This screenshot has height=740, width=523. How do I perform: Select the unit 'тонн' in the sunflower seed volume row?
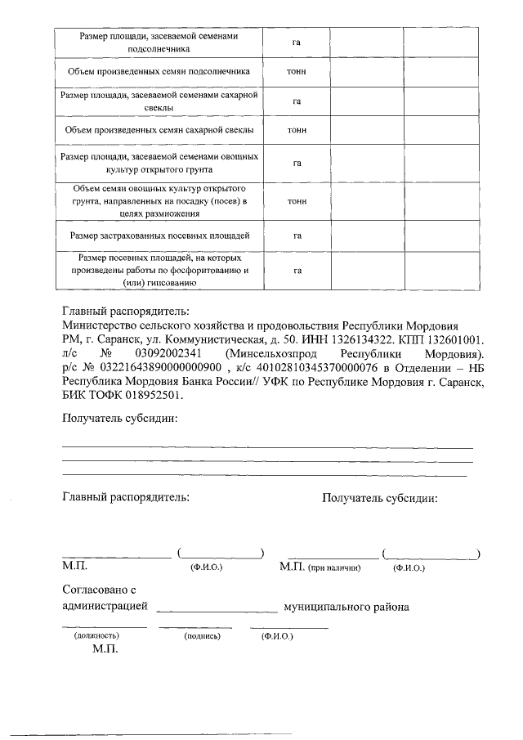coord(297,72)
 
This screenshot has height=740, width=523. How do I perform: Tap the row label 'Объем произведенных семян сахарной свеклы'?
coord(159,130)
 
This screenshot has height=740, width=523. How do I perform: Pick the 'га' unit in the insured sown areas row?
coord(297,235)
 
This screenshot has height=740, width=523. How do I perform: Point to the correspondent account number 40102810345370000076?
coord(318,367)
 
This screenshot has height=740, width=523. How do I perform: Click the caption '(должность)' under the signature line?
coord(96,635)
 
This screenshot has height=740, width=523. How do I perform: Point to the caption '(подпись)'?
coord(199,635)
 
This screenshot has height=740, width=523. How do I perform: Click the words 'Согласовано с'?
coord(98,590)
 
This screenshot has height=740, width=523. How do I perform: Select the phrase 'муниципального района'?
coord(346,607)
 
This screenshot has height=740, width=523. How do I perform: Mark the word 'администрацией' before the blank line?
coord(105,607)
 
